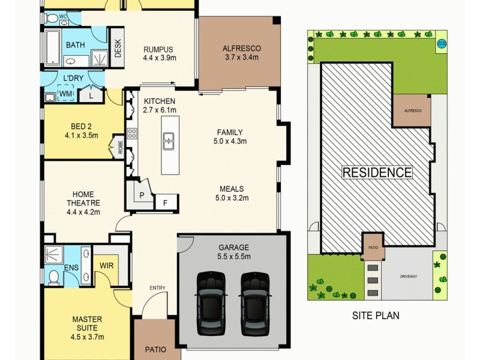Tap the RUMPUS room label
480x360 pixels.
tap(158, 49)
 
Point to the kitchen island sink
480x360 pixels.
tap(169, 142)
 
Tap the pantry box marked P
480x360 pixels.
tap(142, 195)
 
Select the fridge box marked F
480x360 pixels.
tap(166, 203)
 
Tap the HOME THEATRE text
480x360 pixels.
tap(83, 198)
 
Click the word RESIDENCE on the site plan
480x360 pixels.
tap(377, 173)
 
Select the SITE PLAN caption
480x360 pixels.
tap(375, 315)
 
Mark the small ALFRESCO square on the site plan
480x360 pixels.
tap(412, 111)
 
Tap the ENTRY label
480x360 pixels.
tap(157, 289)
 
